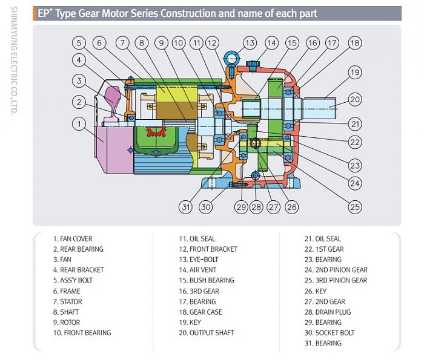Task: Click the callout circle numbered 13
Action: coord(250,42)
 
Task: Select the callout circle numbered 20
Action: coord(355,99)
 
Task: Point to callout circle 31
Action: coord(185,207)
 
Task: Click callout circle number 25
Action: coord(355,207)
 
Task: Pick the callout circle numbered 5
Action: coord(79,42)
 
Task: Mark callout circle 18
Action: coord(355,42)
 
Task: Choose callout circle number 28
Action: coord(256,207)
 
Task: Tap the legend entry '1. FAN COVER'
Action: coord(73,238)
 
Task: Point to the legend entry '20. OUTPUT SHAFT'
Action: coord(206,332)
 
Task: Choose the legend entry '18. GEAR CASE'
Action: coord(200,312)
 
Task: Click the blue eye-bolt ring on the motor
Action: coord(231,59)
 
